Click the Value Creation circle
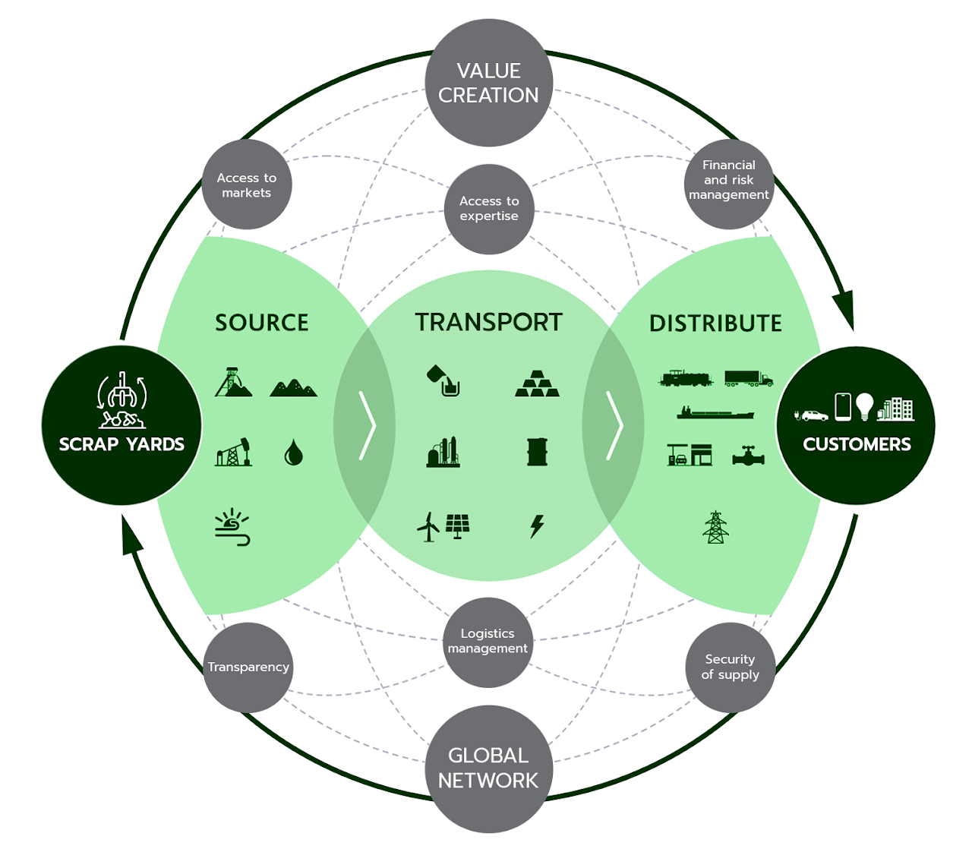[488, 83]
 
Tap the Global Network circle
[488, 768]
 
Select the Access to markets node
[247, 185]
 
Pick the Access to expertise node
[489, 209]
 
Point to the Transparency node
[248, 667]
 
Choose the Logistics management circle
[488, 641]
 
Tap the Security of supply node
[730, 667]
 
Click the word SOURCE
[262, 323]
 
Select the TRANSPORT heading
[488, 322]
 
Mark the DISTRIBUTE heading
[715, 323]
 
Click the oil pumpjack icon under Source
[234, 452]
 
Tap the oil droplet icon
[293, 453]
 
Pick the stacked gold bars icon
[538, 383]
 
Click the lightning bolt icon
[537, 525]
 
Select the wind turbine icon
[428, 526]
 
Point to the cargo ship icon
[715, 413]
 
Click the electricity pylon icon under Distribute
[715, 527]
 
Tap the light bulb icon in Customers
[864, 407]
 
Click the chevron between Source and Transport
[368, 425]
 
